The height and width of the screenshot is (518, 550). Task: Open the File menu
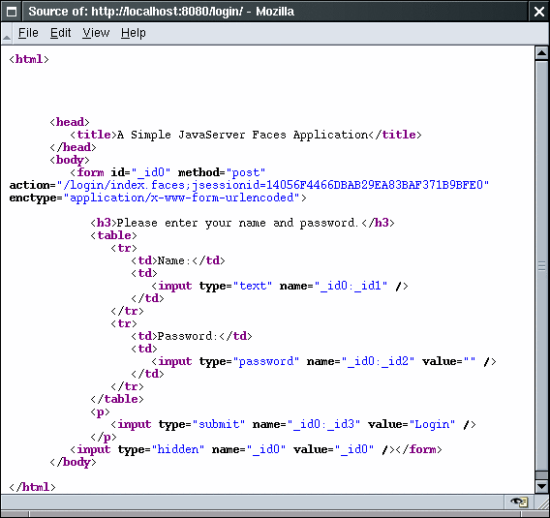click(28, 33)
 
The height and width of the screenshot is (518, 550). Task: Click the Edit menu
click(60, 33)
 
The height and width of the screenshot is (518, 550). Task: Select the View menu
click(96, 33)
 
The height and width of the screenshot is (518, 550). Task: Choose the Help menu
click(134, 33)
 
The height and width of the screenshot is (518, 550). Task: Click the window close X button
click(538, 12)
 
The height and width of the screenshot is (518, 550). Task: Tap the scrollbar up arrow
click(541, 53)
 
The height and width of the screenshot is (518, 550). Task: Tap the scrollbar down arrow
click(541, 486)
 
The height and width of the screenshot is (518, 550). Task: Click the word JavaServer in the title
click(211, 135)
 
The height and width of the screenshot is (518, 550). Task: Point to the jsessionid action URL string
click(272, 185)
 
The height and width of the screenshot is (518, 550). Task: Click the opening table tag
click(113, 235)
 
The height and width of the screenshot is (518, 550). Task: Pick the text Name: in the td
click(173, 260)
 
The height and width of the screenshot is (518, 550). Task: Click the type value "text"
click(253, 286)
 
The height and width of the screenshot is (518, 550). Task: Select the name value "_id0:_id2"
click(378, 361)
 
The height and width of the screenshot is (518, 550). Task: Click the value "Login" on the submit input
click(432, 424)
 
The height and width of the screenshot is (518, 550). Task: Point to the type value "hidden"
click(178, 449)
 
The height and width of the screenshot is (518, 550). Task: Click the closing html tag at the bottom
click(32, 487)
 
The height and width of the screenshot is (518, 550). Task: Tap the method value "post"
click(246, 172)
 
